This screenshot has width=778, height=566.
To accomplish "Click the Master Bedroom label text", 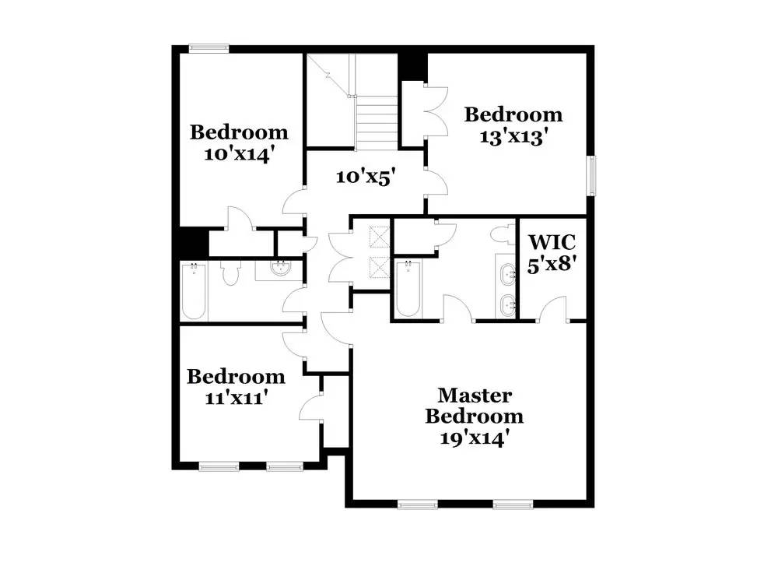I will click(473, 406).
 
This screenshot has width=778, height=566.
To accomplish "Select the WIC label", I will click(552, 241).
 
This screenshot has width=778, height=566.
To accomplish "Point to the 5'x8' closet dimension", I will click(552, 263).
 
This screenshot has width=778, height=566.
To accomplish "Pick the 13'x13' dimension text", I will click(513, 137).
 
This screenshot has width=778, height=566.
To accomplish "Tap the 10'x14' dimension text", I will click(239, 153).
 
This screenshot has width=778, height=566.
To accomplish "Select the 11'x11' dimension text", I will click(236, 399).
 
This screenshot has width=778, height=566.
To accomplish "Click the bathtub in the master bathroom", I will click(407, 290).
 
